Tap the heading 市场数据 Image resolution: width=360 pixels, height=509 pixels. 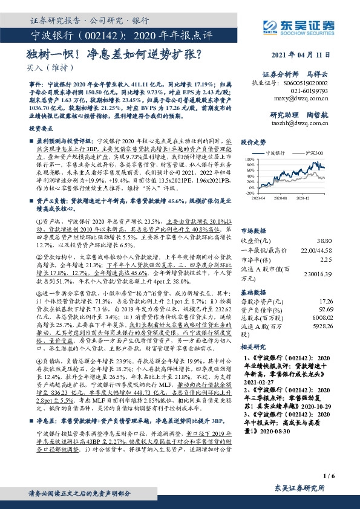(253, 230)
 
